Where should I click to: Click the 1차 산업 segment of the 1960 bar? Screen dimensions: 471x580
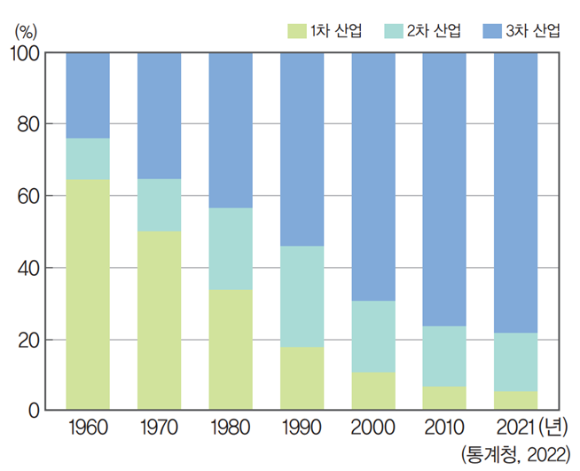point(88,295)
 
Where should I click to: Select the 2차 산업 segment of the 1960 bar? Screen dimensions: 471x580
point(88,160)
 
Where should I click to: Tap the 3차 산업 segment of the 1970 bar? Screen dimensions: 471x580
point(159,115)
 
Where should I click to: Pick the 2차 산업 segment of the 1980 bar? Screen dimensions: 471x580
point(231,248)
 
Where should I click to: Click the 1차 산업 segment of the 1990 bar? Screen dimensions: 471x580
point(302,379)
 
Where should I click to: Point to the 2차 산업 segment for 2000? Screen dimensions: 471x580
point(373,336)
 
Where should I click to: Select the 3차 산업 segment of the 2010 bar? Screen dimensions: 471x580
point(443,189)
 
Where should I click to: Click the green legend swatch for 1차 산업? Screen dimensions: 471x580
point(295,31)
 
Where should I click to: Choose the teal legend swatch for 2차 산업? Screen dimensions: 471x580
point(393,31)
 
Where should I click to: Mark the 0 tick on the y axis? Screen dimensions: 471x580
point(32,411)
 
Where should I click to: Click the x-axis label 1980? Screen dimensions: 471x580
point(231,429)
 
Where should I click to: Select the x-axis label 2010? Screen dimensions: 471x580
point(443,429)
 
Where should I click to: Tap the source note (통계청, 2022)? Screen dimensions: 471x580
point(514,455)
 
